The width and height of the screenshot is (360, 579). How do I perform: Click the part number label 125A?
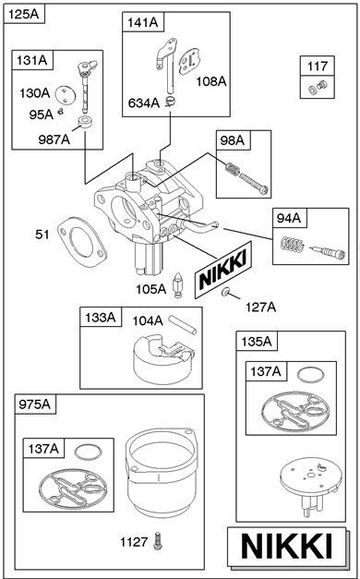click(24, 15)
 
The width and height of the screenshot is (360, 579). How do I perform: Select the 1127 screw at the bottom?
click(159, 541)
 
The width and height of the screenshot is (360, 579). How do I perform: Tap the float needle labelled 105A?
click(178, 284)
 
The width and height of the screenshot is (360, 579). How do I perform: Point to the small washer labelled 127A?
click(225, 292)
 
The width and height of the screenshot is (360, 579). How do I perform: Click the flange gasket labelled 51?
click(82, 242)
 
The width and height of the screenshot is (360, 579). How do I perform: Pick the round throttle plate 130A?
click(66, 95)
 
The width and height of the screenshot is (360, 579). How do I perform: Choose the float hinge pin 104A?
click(183, 324)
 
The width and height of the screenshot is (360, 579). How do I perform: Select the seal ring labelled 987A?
click(85, 122)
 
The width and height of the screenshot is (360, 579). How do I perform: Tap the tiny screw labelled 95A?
click(61, 111)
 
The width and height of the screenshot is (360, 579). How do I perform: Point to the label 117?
click(318, 66)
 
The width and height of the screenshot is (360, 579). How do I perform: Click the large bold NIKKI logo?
click(287, 546)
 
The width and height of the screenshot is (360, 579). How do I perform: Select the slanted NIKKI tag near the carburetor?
click(223, 270)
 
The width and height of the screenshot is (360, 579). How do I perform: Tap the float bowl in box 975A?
click(160, 473)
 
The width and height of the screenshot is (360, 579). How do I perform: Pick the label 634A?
click(144, 103)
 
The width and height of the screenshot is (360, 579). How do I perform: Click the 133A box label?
click(101, 317)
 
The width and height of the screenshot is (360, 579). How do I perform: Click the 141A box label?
click(143, 23)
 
